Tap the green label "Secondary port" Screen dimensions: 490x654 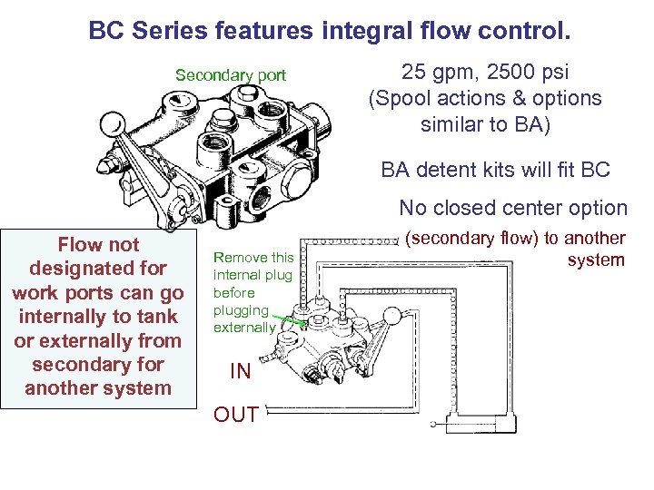tap(230, 75)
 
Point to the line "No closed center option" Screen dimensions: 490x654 tap(513, 208)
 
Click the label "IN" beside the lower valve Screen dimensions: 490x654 tap(240, 371)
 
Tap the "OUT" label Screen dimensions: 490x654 tap(234, 415)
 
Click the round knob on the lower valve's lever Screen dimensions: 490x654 tap(391, 316)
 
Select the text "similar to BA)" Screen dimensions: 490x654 tap(485, 123)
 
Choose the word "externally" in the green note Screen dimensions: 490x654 tap(244, 327)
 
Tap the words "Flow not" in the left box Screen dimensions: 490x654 tap(98, 244)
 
